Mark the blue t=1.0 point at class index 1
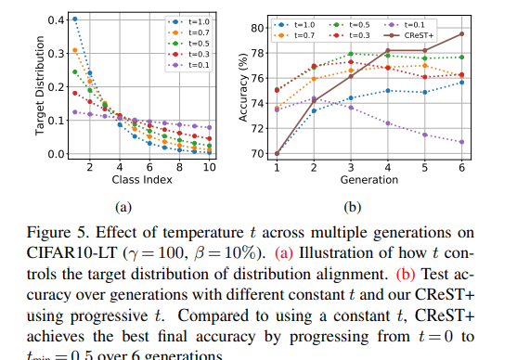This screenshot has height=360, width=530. [74, 19]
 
